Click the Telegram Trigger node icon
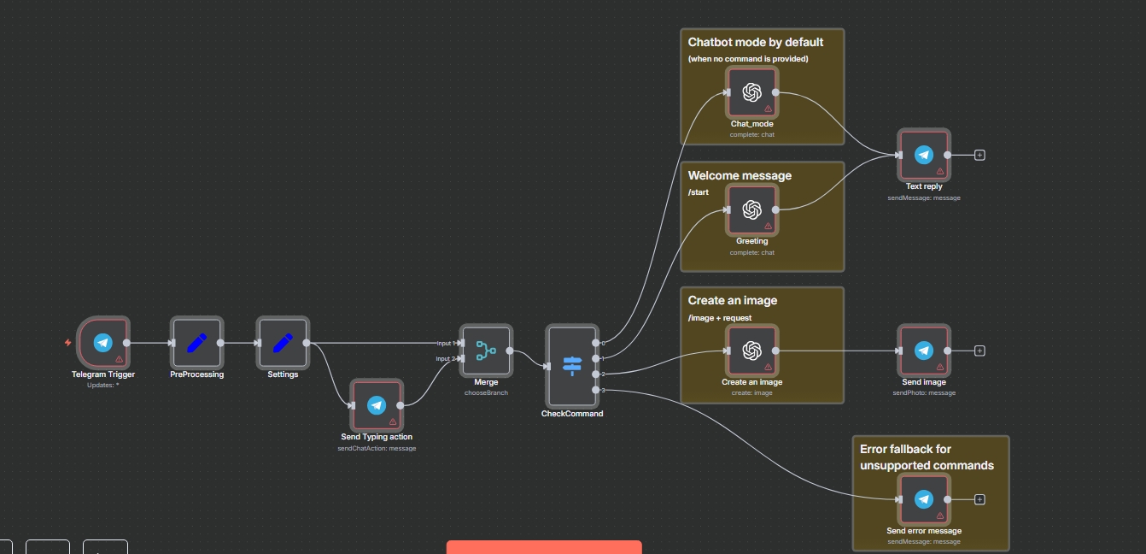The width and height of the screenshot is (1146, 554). (x=102, y=343)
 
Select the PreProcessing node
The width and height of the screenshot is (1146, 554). (x=196, y=343)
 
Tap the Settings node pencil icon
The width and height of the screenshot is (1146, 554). (x=283, y=343)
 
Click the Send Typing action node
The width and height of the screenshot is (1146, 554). (x=376, y=405)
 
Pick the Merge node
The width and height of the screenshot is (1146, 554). (x=486, y=351)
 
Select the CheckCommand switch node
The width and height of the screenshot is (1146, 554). (x=572, y=367)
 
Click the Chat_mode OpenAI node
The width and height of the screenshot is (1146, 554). (x=751, y=92)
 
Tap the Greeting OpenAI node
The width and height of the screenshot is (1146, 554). (x=751, y=209)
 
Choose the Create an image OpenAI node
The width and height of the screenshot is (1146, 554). (x=751, y=351)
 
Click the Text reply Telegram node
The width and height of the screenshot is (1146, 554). (x=923, y=155)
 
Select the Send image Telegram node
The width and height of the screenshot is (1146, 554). (x=923, y=351)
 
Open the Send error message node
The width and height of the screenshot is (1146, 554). (x=923, y=499)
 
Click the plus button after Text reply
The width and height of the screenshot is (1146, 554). (x=979, y=155)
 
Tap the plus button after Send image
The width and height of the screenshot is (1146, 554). (x=979, y=351)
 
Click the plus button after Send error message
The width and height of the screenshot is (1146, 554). (x=979, y=499)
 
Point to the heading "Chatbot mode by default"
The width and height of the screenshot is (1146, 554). (x=755, y=42)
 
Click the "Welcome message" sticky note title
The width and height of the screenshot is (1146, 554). (x=740, y=175)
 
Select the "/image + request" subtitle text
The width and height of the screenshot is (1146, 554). (x=720, y=318)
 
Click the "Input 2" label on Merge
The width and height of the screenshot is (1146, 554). (x=445, y=359)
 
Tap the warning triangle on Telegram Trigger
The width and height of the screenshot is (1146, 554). (x=120, y=359)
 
